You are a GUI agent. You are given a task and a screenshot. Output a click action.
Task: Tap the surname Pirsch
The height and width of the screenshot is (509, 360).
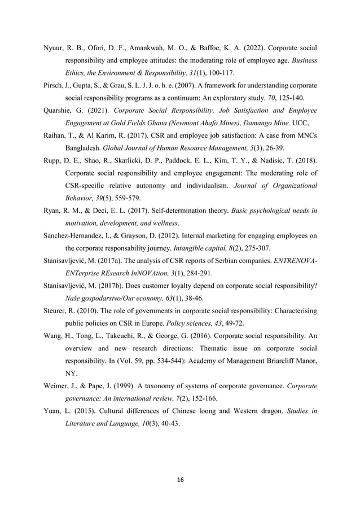pyautogui.click(x=54, y=85)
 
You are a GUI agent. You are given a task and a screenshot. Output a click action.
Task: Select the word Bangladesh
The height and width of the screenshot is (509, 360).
pyautogui.click(x=86, y=148)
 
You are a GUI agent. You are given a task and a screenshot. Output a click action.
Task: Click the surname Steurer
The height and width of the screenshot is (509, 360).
pyautogui.click(x=56, y=311)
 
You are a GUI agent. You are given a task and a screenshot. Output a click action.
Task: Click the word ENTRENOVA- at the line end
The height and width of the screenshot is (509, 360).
pyautogui.click(x=294, y=261)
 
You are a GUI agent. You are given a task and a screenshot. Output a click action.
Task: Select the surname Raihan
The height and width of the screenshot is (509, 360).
pyautogui.click(x=56, y=135)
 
